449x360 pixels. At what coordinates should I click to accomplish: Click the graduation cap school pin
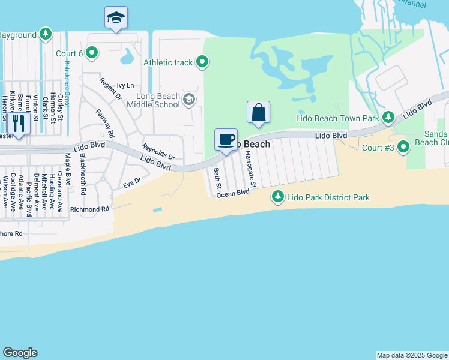[x=116, y=17]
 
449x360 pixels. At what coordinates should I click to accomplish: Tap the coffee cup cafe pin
[x=226, y=140]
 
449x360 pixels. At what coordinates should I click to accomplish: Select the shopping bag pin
[x=258, y=112]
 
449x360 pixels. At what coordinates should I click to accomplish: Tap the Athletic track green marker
[x=203, y=62]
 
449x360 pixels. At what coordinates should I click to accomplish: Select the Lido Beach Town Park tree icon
[x=388, y=117]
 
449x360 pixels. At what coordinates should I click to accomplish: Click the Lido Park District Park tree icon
[x=278, y=196]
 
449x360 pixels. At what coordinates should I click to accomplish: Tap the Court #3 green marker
[x=403, y=146]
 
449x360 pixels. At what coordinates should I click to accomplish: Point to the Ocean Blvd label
[x=233, y=193]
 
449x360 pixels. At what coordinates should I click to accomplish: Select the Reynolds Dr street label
[x=158, y=152]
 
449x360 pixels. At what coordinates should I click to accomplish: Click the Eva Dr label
[x=132, y=182]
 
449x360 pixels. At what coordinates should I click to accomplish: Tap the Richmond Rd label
[x=90, y=209]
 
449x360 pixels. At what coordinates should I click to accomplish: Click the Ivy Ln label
[x=125, y=85]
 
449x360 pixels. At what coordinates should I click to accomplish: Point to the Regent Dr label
[x=110, y=88]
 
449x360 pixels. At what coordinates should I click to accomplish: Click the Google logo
[x=20, y=353]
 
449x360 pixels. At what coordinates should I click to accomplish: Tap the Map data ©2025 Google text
[x=411, y=355]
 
